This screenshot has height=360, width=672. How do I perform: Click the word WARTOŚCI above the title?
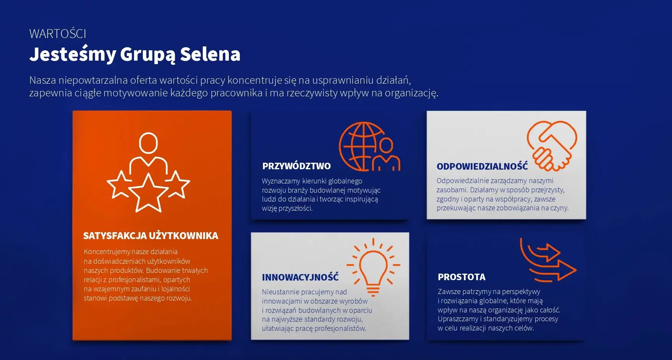58,34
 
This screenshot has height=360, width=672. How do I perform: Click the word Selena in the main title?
210,54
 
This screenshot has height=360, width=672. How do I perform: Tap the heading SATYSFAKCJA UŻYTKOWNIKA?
151,236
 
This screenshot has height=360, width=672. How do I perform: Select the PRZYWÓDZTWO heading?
296,166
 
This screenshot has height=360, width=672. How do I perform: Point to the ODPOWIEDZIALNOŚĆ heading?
482,166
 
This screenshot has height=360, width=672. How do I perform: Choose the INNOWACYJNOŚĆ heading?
300,277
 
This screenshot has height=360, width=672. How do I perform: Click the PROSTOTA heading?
462,277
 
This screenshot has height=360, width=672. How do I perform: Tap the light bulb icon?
373,267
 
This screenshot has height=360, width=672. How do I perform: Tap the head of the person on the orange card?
148,143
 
